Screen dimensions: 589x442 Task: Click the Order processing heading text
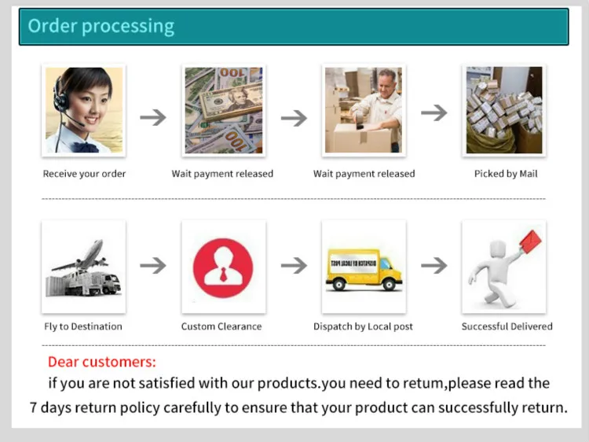[x=101, y=26]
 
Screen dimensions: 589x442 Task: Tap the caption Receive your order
[x=84, y=174]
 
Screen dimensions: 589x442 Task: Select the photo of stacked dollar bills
[x=224, y=109]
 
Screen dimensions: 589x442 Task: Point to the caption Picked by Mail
[x=506, y=174]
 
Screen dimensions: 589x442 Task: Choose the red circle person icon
[x=223, y=267]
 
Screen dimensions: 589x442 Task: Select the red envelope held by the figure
[x=531, y=244]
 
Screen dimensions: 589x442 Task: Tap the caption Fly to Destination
[x=83, y=326]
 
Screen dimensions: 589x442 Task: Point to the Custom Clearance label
[x=221, y=326]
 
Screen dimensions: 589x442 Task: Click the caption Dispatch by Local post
[x=363, y=326]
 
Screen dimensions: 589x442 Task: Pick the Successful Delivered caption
[x=507, y=326]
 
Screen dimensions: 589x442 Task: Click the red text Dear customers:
[x=102, y=362]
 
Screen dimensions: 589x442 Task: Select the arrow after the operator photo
[x=153, y=117]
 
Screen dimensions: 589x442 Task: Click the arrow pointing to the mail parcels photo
[x=434, y=112]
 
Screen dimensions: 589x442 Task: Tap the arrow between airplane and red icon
[x=153, y=265]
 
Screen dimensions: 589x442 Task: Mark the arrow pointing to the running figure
[x=434, y=265]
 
